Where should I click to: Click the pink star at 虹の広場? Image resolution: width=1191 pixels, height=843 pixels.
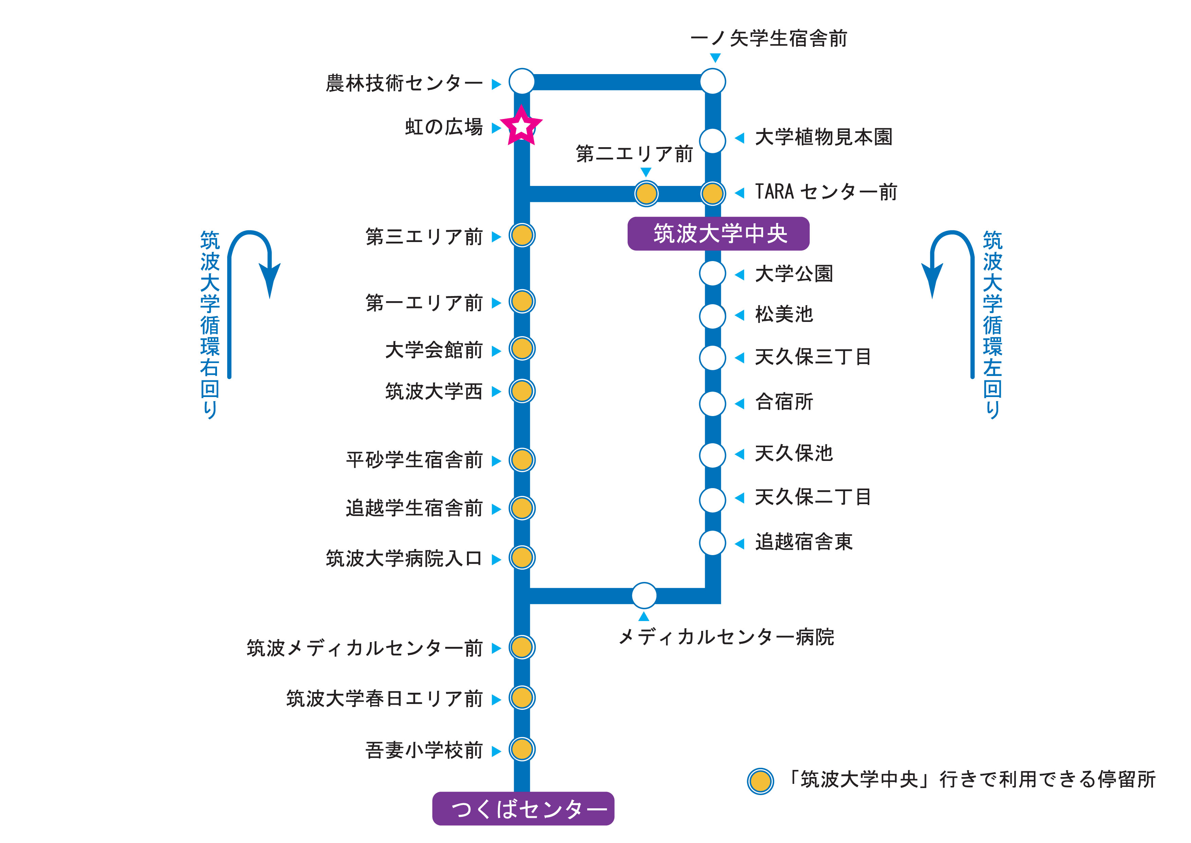click(x=521, y=126)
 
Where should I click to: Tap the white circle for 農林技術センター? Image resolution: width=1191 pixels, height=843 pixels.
click(x=522, y=82)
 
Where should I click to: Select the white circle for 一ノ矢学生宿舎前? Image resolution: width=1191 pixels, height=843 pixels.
click(x=713, y=82)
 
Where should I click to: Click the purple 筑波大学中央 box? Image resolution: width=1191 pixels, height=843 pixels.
click(x=719, y=234)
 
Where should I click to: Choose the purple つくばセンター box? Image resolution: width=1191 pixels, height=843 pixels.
click(x=523, y=808)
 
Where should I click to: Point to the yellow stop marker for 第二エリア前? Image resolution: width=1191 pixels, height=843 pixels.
click(x=646, y=194)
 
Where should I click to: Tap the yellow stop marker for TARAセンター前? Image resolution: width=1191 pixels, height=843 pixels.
click(x=713, y=194)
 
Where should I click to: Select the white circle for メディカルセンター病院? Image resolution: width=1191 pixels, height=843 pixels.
click(x=644, y=596)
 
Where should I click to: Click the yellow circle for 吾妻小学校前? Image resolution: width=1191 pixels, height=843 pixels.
click(x=522, y=749)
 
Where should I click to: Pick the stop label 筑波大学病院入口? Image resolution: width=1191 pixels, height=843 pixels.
click(x=404, y=558)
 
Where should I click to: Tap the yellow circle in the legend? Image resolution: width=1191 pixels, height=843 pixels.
click(x=760, y=781)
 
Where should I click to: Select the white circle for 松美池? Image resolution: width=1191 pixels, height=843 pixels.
click(x=713, y=316)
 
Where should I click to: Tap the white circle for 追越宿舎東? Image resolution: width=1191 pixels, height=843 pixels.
click(x=713, y=543)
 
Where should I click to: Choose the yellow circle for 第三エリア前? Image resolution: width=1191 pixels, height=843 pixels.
click(x=522, y=235)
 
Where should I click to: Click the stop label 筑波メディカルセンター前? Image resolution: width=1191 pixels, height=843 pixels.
click(x=365, y=648)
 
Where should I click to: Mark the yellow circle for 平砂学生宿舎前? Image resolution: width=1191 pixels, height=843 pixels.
click(x=522, y=460)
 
